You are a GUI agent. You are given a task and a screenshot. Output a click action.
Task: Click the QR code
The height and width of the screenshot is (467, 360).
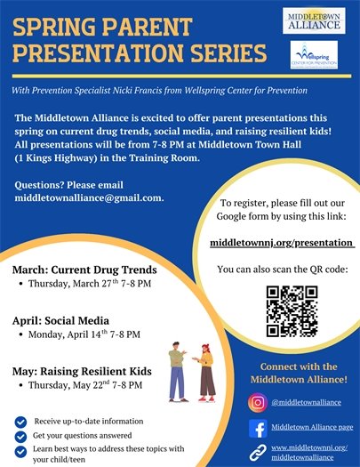(x=292, y=310)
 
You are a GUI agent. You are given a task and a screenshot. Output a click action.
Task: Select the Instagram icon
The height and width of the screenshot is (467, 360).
(x=257, y=401)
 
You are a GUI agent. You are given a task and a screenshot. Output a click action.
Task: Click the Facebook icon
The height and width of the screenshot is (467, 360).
(x=257, y=427)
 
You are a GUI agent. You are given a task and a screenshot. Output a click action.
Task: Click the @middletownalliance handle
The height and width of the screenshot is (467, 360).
(x=308, y=402)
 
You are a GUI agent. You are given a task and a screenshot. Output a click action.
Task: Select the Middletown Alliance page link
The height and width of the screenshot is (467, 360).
(x=314, y=428)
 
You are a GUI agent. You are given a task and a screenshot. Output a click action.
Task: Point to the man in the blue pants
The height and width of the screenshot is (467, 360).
(x=177, y=368)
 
